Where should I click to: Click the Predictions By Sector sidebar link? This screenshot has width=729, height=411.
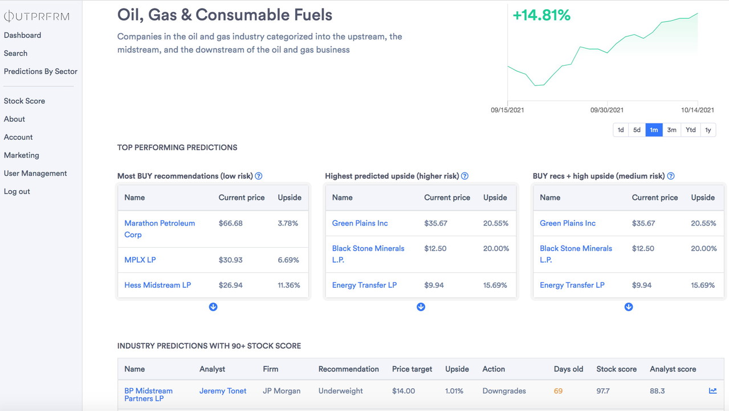point(40,71)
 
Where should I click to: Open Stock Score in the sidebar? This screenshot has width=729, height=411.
point(25,101)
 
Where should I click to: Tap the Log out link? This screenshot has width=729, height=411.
point(17,191)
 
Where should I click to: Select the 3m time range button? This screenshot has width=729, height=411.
point(671,130)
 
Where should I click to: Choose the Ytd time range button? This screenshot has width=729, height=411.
point(690,130)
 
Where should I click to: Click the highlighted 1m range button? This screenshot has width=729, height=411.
point(654,130)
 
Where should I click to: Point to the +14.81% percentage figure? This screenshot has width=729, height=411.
point(541,15)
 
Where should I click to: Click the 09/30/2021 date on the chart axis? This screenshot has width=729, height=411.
point(606,110)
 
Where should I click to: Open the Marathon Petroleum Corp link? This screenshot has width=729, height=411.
point(160,229)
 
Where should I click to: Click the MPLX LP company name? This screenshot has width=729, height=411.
point(140,260)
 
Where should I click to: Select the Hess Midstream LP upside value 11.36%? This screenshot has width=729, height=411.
point(289,285)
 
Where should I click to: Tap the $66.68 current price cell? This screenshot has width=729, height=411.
point(231,223)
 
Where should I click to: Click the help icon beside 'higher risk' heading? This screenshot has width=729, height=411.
point(465,176)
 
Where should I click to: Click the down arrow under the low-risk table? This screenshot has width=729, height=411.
point(213,307)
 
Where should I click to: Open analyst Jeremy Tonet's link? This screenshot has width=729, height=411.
point(223,391)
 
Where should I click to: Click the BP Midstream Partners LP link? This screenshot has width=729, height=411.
point(148,394)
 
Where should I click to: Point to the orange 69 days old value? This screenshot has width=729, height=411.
point(558,391)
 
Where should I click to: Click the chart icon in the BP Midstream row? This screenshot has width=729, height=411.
point(712,391)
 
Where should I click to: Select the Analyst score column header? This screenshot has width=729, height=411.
point(673,369)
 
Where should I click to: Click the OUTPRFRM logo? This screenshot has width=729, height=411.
point(36,17)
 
